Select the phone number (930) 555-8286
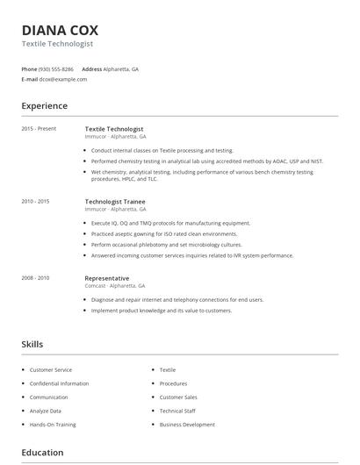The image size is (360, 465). (56, 68)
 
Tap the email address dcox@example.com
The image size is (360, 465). (63, 79)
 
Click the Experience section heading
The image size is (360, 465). (45, 106)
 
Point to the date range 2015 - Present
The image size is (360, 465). (39, 129)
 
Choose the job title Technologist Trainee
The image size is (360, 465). (115, 201)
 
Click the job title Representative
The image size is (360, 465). (107, 278)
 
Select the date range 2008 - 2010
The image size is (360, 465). (35, 278)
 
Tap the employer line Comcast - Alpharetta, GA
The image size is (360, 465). (115, 286)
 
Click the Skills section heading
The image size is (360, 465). (32, 345)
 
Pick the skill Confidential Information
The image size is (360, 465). (59, 383)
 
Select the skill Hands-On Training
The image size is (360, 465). (53, 425)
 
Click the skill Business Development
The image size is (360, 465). (187, 425)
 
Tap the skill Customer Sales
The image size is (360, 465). (178, 397)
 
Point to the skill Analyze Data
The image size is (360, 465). (46, 411)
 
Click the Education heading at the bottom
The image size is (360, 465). (42, 453)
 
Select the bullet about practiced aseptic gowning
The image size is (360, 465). (164, 234)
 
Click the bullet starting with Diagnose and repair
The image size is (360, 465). (176, 300)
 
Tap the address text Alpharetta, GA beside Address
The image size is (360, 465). (121, 68)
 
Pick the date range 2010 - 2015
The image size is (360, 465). (35, 202)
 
